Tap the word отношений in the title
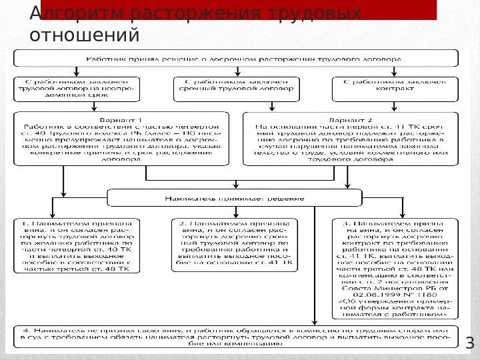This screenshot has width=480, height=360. pyautogui.click(x=85, y=34)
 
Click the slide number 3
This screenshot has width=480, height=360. pyautogui.click(x=469, y=344)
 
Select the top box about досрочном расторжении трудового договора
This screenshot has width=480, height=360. pyautogui.click(x=244, y=59)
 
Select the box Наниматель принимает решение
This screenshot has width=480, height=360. pyautogui.click(x=235, y=198)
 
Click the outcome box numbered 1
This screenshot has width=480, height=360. pyautogui.click(x=78, y=245)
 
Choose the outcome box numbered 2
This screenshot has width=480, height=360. pyautogui.click(x=233, y=245)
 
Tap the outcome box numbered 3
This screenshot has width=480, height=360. pyautogui.click(x=396, y=267)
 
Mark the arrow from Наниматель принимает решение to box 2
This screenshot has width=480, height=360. pyautogui.click(x=234, y=212)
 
